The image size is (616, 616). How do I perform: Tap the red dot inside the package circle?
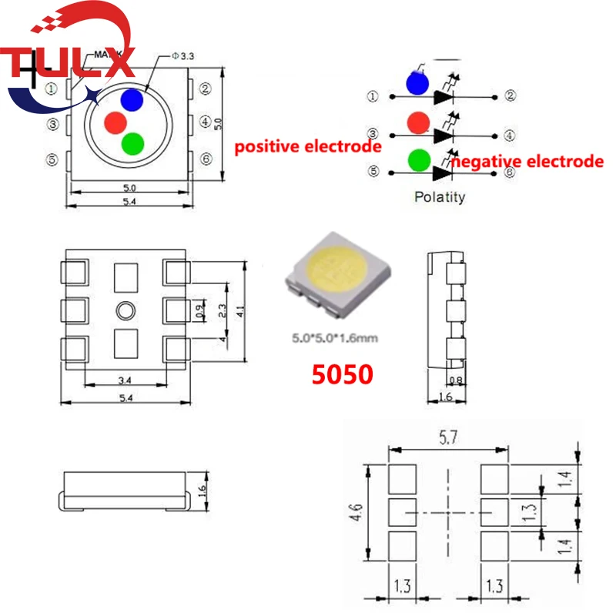click(x=115, y=122)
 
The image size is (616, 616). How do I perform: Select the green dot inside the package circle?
click(x=133, y=143)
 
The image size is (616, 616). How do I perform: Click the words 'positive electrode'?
click(x=308, y=146)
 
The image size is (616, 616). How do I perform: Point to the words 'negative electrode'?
click(x=527, y=162)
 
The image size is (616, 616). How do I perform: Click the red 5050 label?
click(x=343, y=374)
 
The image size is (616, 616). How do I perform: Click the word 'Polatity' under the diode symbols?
click(x=440, y=196)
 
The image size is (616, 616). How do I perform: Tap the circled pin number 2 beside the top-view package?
click(x=206, y=88)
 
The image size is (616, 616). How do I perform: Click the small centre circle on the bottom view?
click(x=125, y=310)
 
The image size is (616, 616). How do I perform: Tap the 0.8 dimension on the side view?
click(x=457, y=379)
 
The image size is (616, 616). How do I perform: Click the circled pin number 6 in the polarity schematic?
click(x=509, y=172)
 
